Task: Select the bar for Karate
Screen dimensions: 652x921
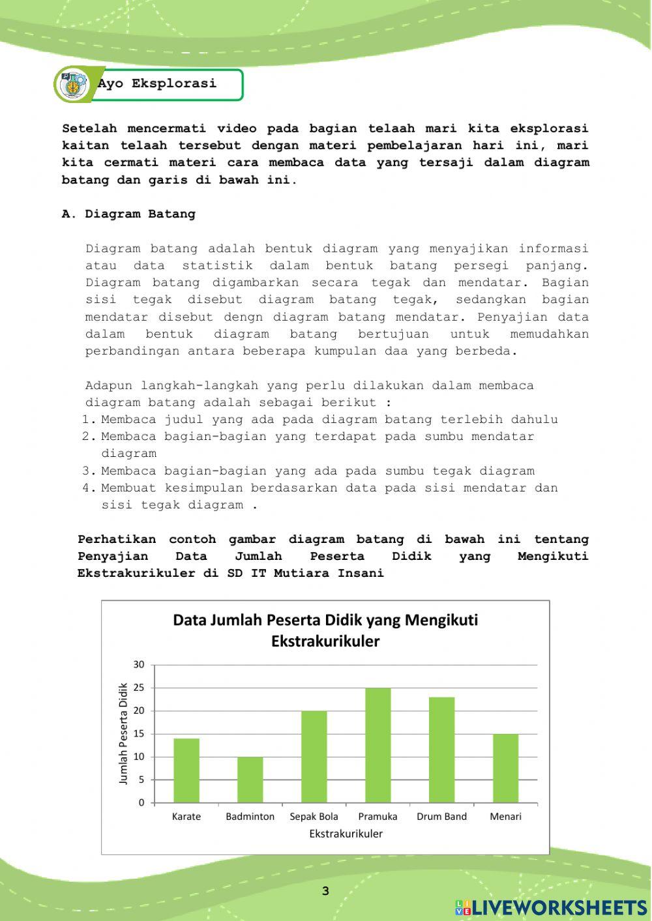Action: [x=186, y=770]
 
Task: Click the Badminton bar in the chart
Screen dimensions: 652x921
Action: [x=250, y=780]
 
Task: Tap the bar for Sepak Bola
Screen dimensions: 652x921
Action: [x=314, y=757]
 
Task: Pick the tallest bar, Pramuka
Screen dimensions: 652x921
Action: [x=378, y=745]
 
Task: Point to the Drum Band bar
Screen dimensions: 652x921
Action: [x=441, y=750]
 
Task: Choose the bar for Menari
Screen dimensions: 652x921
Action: [x=505, y=768]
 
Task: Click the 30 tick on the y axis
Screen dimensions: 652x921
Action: [x=139, y=665]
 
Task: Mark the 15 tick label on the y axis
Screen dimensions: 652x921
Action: [x=139, y=734]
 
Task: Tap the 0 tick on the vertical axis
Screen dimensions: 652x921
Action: [x=141, y=803]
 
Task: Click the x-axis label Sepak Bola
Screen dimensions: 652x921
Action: [x=314, y=817]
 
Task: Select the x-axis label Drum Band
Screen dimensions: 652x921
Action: [x=441, y=817]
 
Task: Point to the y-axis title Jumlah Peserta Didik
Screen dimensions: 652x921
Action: [x=123, y=734]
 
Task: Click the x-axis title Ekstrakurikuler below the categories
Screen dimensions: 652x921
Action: [x=346, y=834]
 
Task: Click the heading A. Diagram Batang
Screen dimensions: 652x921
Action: [x=128, y=214]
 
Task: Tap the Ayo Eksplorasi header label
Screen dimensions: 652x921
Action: [x=158, y=84]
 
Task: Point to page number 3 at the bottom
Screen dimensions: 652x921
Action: [x=325, y=891]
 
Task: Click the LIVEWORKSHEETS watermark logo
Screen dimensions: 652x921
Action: [x=551, y=908]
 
